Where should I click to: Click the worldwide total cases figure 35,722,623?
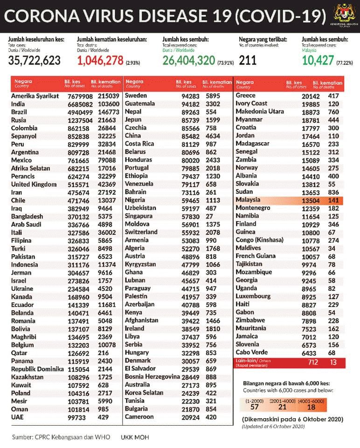pyautogui.click(x=35, y=60)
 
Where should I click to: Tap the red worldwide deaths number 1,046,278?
pyautogui.click(x=100, y=60)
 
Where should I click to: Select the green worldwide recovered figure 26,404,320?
pyautogui.click(x=188, y=60)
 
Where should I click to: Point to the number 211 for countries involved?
pyautogui.click(x=248, y=60)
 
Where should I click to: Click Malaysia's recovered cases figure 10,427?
pyautogui.click(x=318, y=60)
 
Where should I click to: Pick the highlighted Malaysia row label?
pyautogui.click(x=248, y=200)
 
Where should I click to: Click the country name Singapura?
pyautogui.click(x=138, y=216)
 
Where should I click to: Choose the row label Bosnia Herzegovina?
pyautogui.click(x=152, y=376)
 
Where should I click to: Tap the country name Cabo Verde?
pyautogui.click(x=252, y=352)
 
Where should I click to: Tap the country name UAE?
pyautogui.click(x=17, y=417)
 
